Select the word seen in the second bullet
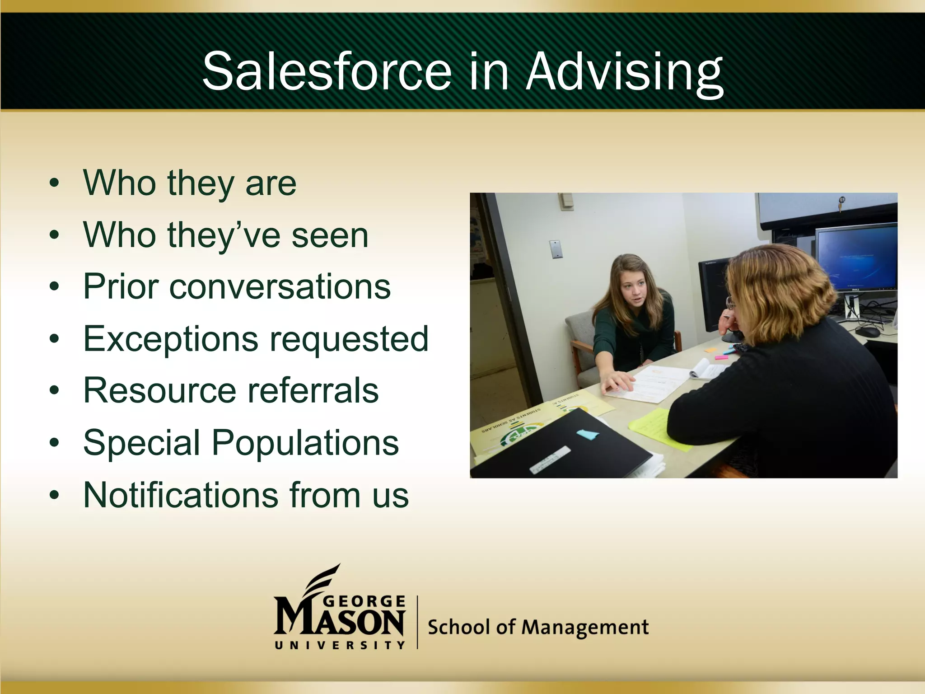coord(330,235)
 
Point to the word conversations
coord(280,286)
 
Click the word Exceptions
coord(170,339)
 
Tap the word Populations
coord(305,443)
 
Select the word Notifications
coord(181,495)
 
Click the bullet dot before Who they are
coord(55,183)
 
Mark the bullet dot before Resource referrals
coord(55,391)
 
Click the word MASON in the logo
coord(339,622)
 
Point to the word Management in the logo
coord(585,628)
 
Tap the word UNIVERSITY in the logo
coord(340,645)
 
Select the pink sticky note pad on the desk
coord(721,357)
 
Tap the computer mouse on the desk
coord(867,332)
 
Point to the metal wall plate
coord(556,249)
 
